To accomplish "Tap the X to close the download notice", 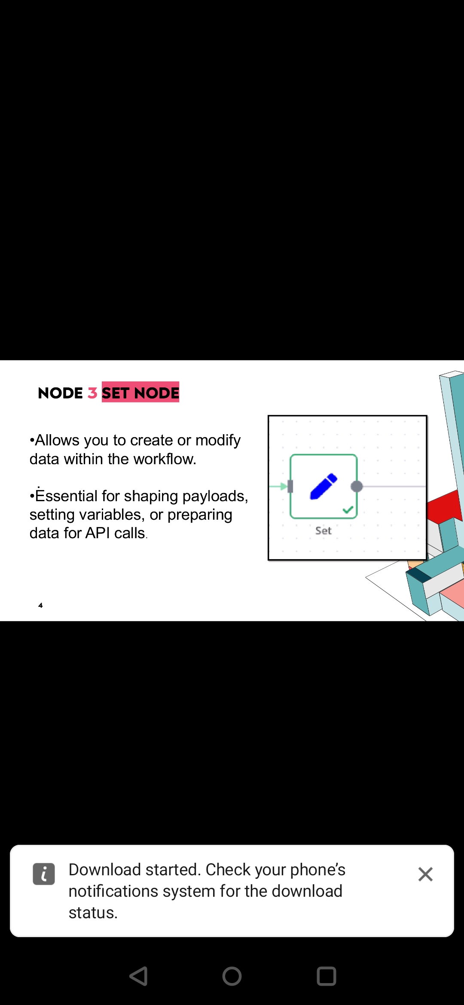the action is pyautogui.click(x=425, y=874).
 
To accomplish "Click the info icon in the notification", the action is pyautogui.click(x=44, y=874).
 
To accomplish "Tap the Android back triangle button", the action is pyautogui.click(x=139, y=976).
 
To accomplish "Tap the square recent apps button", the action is pyautogui.click(x=327, y=976).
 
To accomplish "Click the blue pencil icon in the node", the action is pyautogui.click(x=324, y=487).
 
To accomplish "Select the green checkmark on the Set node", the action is pyautogui.click(x=348, y=510).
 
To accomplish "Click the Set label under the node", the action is pyautogui.click(x=324, y=531).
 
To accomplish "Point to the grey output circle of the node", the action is pyautogui.click(x=357, y=487).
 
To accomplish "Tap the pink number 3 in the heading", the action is pyautogui.click(x=92, y=393).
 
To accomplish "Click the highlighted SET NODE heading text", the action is pyautogui.click(x=140, y=392).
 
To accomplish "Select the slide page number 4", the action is pyautogui.click(x=40, y=605).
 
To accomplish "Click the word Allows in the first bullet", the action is pyautogui.click(x=57, y=440).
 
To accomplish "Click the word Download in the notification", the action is pyautogui.click(x=105, y=870).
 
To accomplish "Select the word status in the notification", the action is pyautogui.click(x=93, y=913).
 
